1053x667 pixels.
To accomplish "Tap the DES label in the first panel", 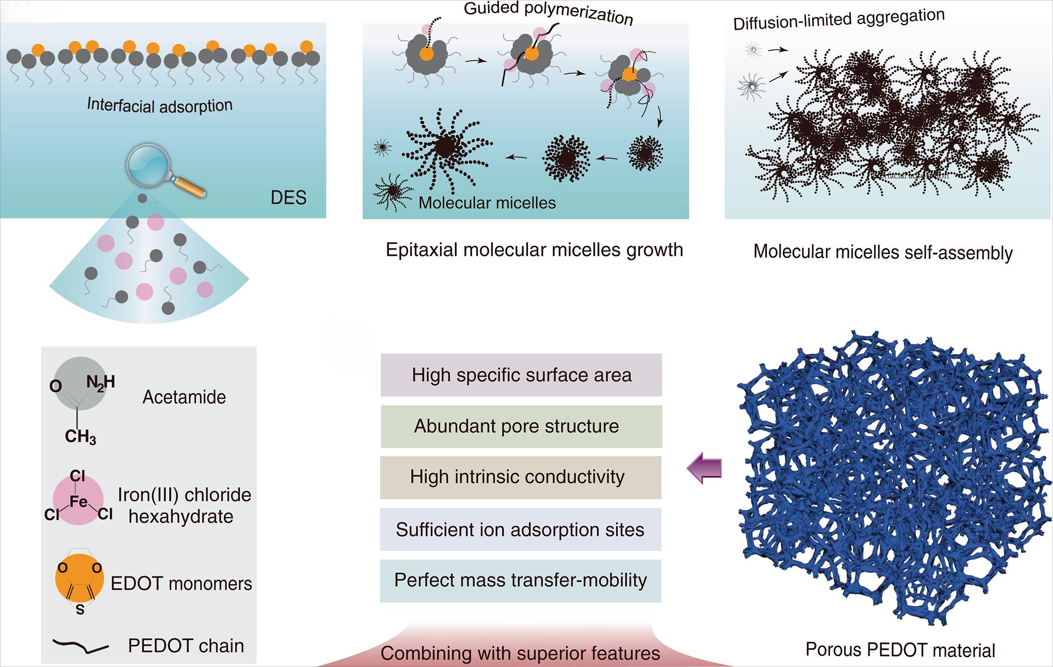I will pyautogui.click(x=288, y=198).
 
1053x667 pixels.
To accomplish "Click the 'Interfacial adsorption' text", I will pyautogui.click(x=159, y=105).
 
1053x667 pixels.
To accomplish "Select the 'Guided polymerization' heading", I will pyautogui.click(x=548, y=13).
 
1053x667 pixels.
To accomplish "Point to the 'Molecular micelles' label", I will pyautogui.click(x=487, y=203).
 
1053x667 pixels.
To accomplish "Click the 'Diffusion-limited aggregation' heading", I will pyautogui.click(x=839, y=19).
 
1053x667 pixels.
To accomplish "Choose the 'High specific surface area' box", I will pyautogui.click(x=521, y=375).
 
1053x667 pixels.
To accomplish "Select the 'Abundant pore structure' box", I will pyautogui.click(x=521, y=426).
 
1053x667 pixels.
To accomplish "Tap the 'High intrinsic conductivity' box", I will pyautogui.click(x=521, y=477).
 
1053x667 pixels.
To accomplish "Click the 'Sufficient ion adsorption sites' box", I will pyautogui.click(x=521, y=529).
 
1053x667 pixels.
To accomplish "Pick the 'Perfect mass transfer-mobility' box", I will pyautogui.click(x=521, y=580).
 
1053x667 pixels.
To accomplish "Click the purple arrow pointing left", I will pyautogui.click(x=704, y=468).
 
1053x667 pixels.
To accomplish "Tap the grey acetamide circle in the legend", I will pyautogui.click(x=79, y=384).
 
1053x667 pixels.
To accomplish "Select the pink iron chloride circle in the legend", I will pyautogui.click(x=78, y=500).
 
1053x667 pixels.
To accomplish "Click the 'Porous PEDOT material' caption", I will pyautogui.click(x=900, y=650).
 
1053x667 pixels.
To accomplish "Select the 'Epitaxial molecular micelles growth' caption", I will pyautogui.click(x=534, y=250).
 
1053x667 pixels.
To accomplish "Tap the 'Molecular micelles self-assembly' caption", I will pyautogui.click(x=883, y=252).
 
